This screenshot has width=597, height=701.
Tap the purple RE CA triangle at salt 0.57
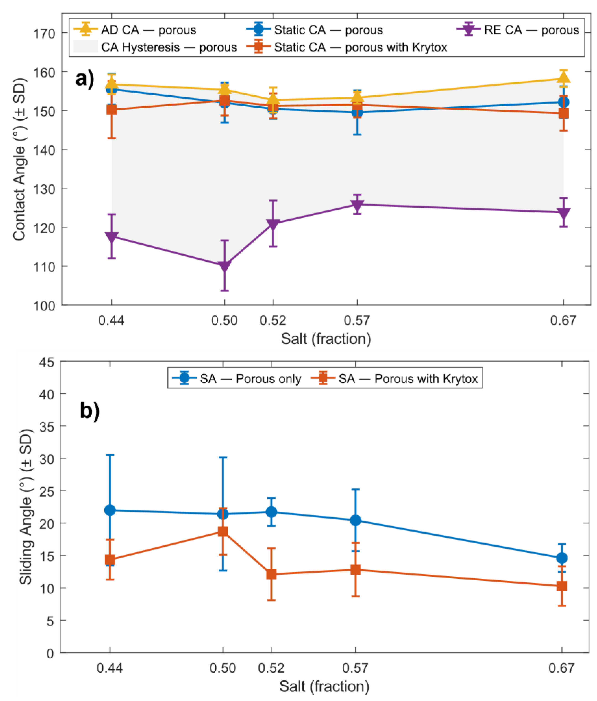pos(357,205)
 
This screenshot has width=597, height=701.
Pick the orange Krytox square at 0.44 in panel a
pos(112,109)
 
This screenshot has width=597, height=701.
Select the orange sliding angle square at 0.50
pos(223,532)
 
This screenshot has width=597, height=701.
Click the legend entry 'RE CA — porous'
pos(518,30)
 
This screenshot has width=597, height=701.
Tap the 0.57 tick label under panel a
pos(357,320)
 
